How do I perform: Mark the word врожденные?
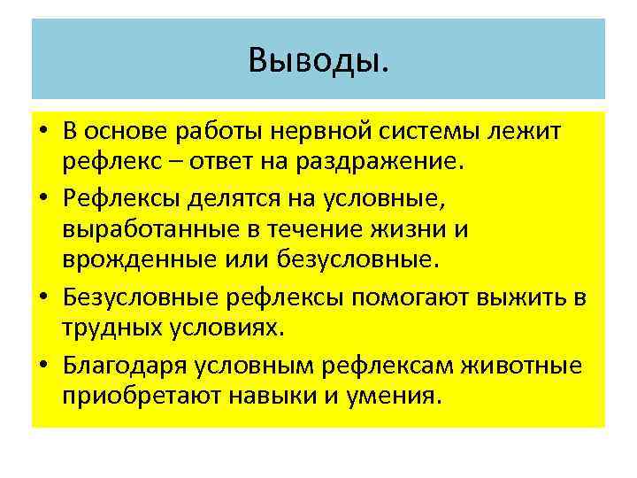coord(129,259)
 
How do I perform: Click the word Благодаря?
coord(119,362)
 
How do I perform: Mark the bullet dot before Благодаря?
coord(43,362)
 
